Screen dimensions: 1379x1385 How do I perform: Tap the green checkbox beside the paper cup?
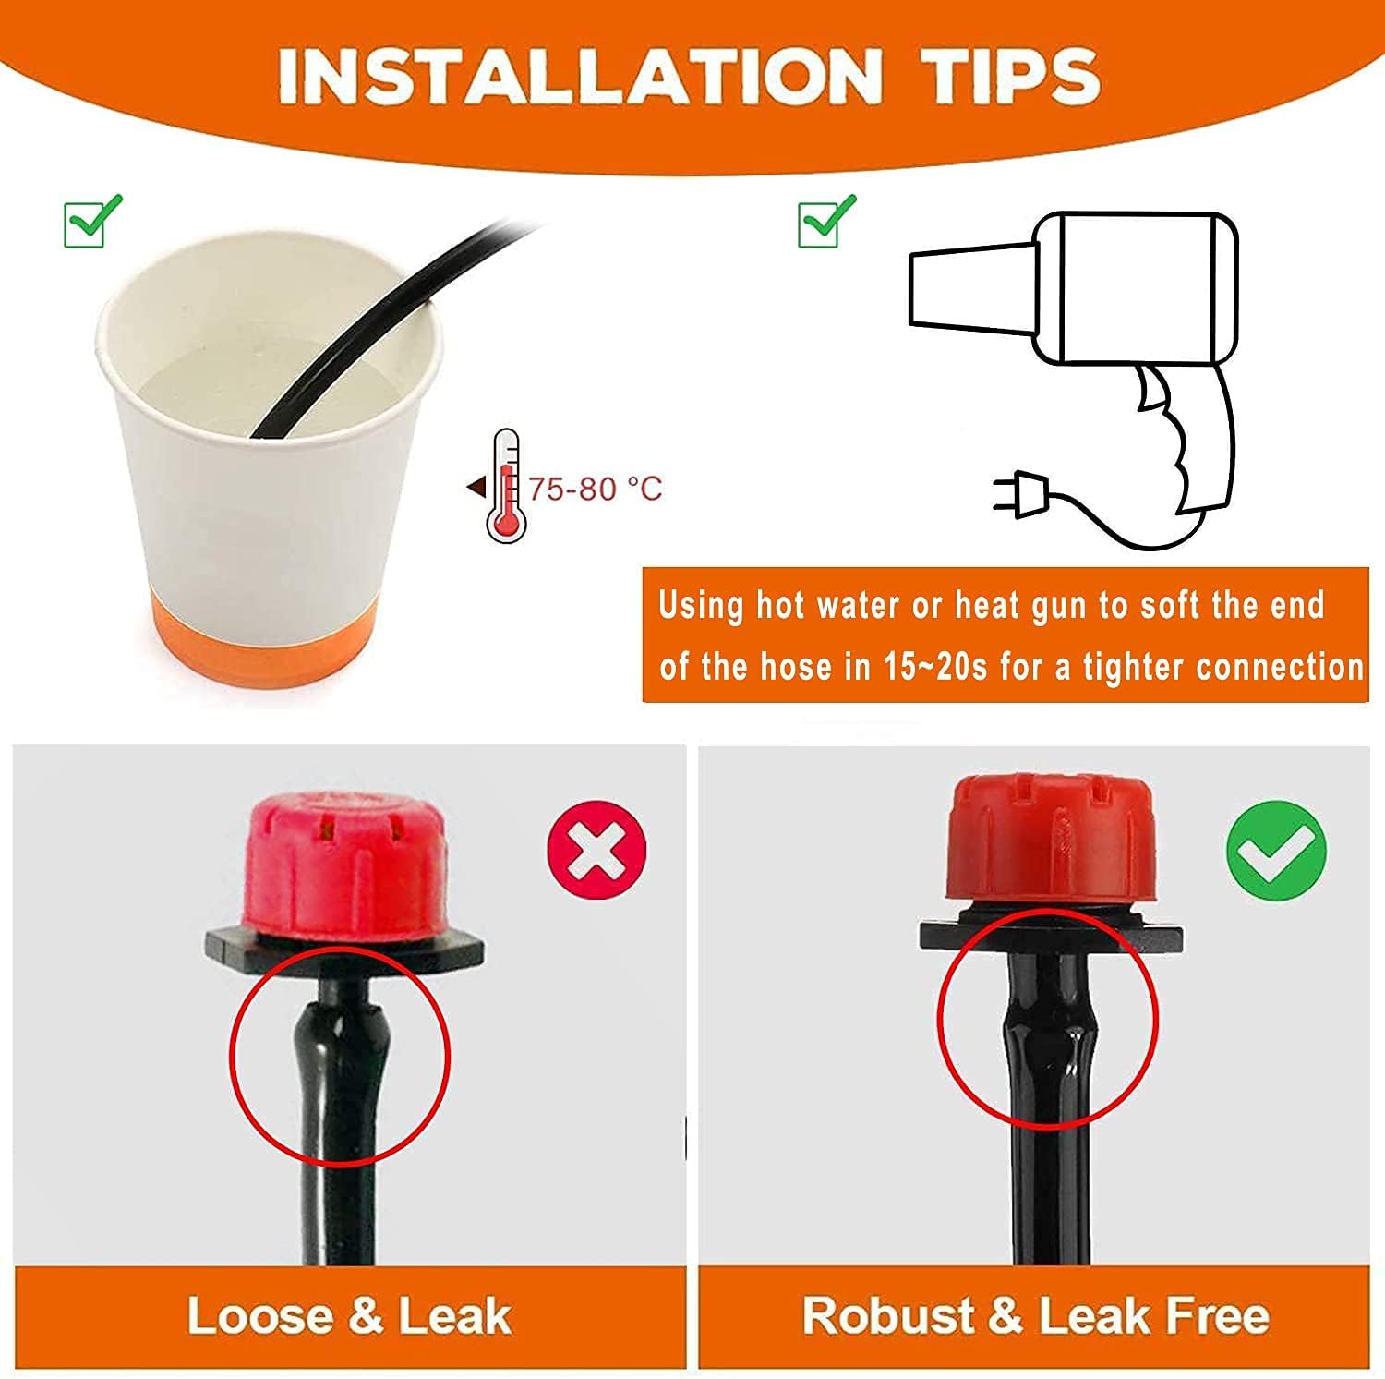(92, 222)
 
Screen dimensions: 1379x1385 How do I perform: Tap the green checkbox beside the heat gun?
(826, 222)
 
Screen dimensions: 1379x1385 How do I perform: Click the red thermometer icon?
(505, 486)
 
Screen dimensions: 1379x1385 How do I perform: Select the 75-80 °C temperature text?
(596, 489)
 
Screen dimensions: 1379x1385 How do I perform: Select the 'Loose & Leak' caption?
(349, 1316)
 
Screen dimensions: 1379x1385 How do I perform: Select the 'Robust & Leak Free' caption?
(1035, 1316)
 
